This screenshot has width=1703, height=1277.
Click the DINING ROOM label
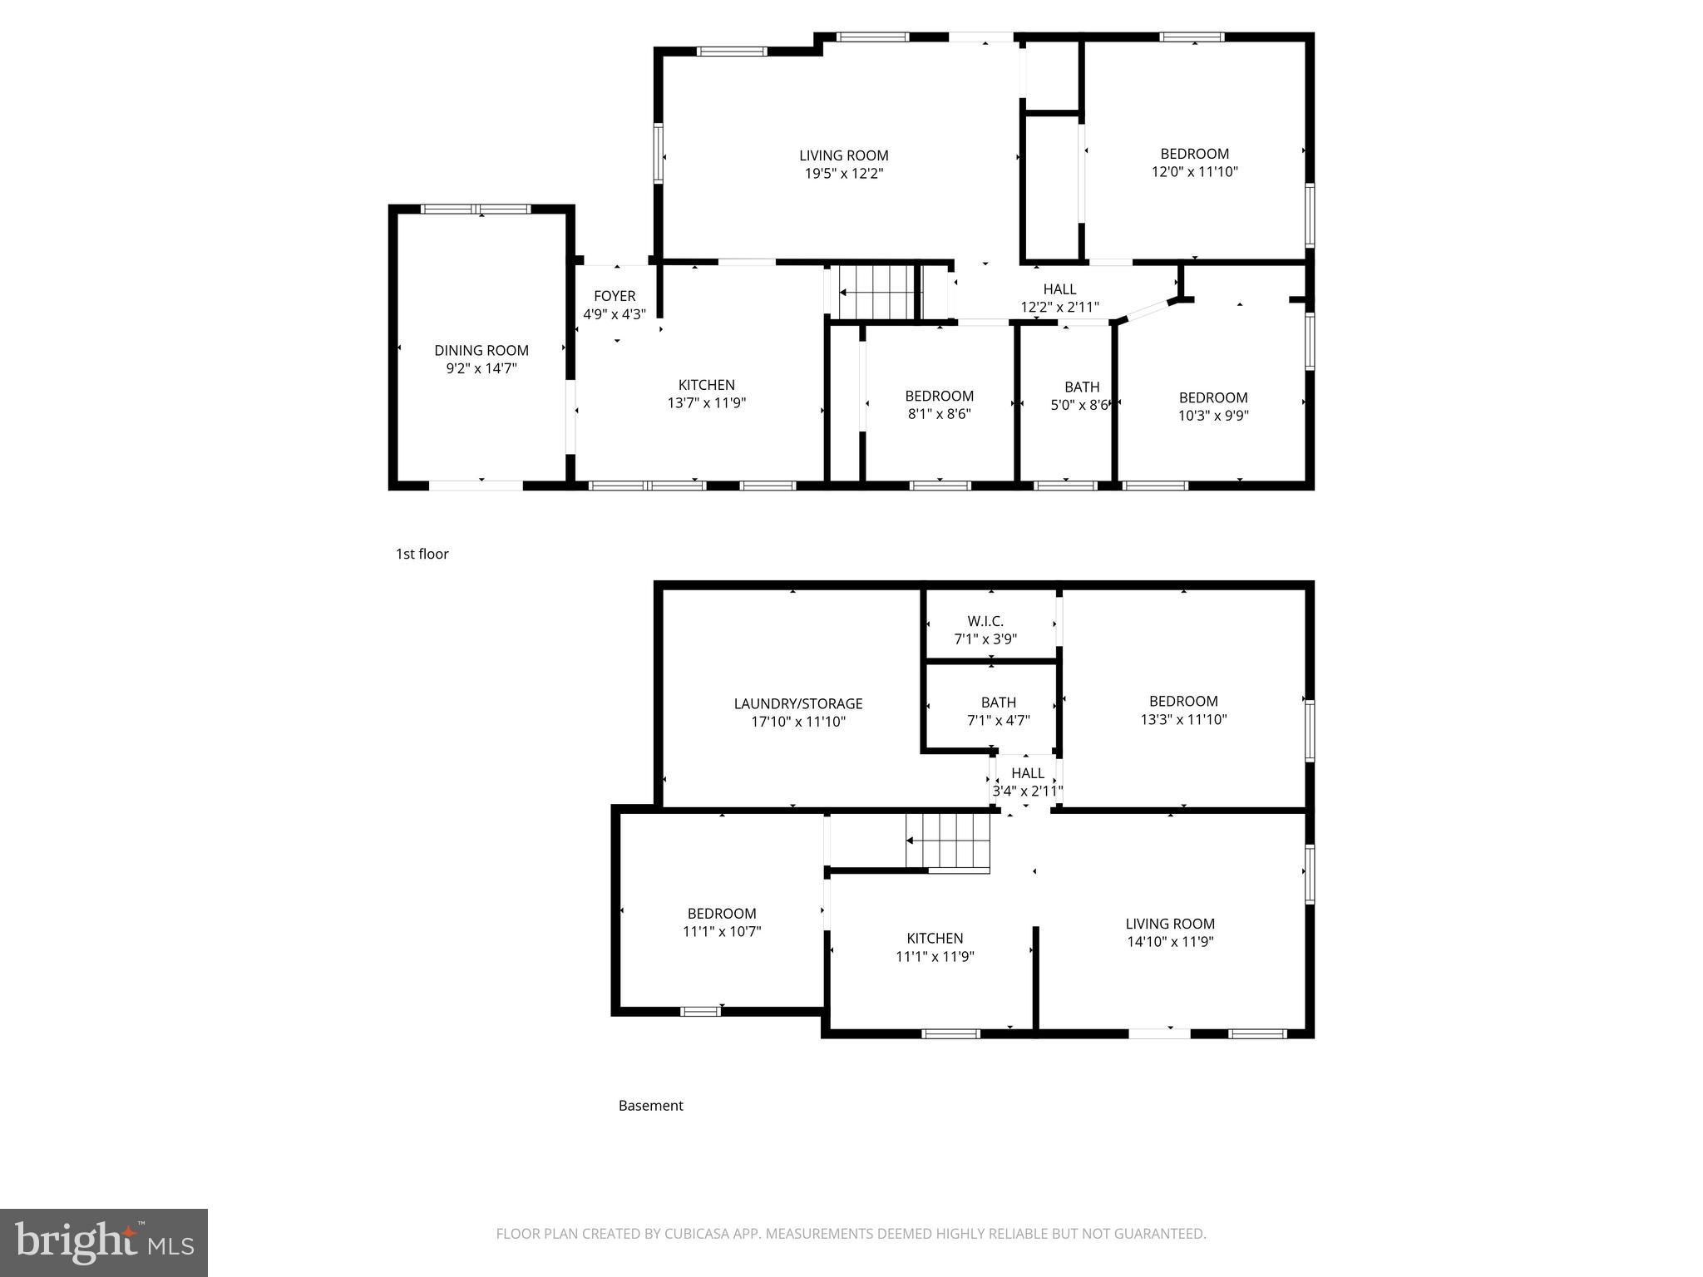click(481, 351)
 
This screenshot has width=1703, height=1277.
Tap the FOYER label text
click(615, 296)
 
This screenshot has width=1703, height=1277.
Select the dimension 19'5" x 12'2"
click(843, 174)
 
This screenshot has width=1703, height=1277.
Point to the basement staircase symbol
click(948, 841)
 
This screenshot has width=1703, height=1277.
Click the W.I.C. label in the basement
click(985, 621)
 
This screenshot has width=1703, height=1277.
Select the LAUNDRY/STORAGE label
click(798, 703)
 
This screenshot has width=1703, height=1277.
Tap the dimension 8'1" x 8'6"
click(939, 414)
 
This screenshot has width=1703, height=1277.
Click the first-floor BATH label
click(1082, 387)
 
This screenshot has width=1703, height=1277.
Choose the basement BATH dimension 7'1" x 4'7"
click(998, 721)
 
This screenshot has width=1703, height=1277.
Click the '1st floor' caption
click(422, 554)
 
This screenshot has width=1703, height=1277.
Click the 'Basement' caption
click(650, 1106)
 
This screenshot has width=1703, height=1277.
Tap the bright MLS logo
click(104, 1243)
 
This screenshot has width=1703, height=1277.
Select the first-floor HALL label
click(1059, 289)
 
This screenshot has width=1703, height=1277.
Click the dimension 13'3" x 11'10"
click(1183, 719)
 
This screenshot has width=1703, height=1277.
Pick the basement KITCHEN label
click(935, 938)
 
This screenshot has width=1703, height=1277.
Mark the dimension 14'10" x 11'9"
click(1170, 942)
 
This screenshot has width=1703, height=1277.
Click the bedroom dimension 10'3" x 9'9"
click(1213, 416)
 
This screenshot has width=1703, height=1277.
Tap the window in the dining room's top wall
click(475, 210)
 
